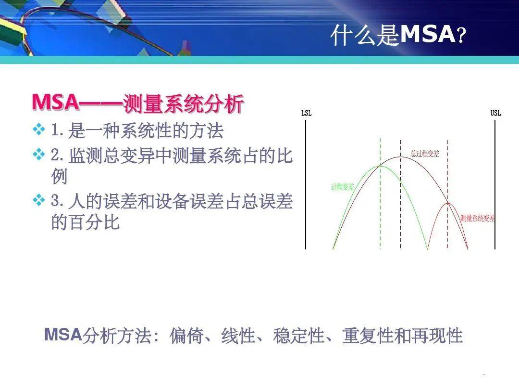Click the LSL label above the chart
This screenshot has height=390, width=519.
point(306,113)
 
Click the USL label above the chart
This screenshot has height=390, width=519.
point(495,113)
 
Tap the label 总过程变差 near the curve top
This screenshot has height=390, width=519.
point(425,154)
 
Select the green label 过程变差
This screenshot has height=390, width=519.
point(343,187)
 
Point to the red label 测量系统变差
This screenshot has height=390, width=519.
point(477,218)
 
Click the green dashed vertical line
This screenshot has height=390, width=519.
point(380,212)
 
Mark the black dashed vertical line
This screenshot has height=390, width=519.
point(400,212)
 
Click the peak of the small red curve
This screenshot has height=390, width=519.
point(448,203)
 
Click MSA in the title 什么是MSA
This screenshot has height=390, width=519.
point(427,35)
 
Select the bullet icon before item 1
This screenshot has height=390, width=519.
point(38,129)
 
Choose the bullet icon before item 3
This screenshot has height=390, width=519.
point(38,200)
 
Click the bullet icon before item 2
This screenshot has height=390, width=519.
point(38,154)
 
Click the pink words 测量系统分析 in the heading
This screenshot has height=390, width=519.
point(183,104)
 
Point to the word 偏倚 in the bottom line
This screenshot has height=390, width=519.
point(185,336)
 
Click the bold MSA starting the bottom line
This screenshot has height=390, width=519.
point(63,334)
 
